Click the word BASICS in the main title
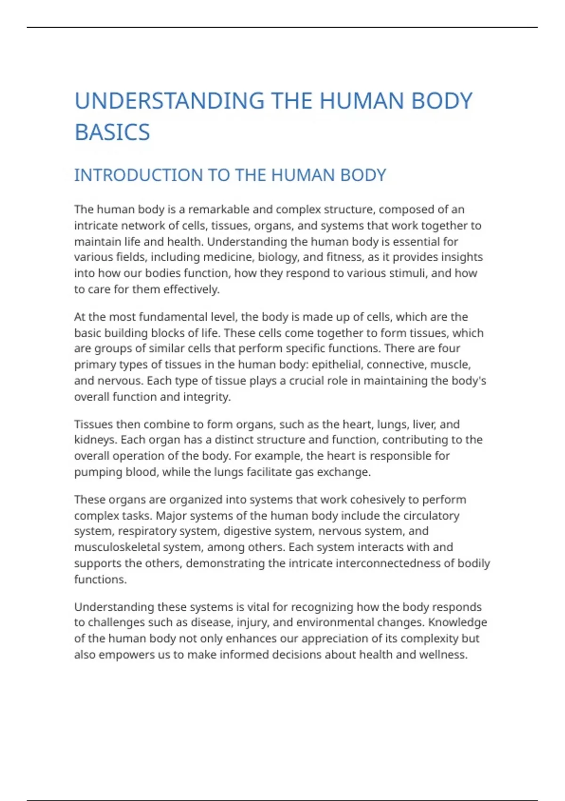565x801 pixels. tap(112, 132)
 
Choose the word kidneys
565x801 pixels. tap(95, 440)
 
